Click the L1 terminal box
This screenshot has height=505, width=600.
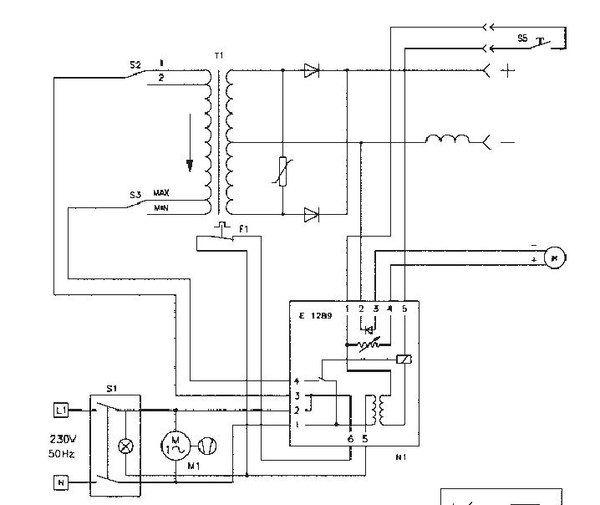coord(60,410)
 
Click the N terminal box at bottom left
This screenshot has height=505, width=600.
coord(60,482)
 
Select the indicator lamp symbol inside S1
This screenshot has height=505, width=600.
coord(127,446)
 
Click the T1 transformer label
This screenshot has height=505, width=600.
coord(219,55)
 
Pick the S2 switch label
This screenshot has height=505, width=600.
coord(135,64)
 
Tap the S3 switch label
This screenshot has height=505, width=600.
coord(135,196)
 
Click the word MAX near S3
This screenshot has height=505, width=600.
coord(161,193)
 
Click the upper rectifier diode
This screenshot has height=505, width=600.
coord(311,71)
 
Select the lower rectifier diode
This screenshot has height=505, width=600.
coord(311,214)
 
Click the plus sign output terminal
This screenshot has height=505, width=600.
coord(508,72)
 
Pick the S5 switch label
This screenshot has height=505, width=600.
coord(521,38)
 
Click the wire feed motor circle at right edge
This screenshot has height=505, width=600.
coord(553,258)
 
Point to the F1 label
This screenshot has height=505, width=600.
coord(243,227)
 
